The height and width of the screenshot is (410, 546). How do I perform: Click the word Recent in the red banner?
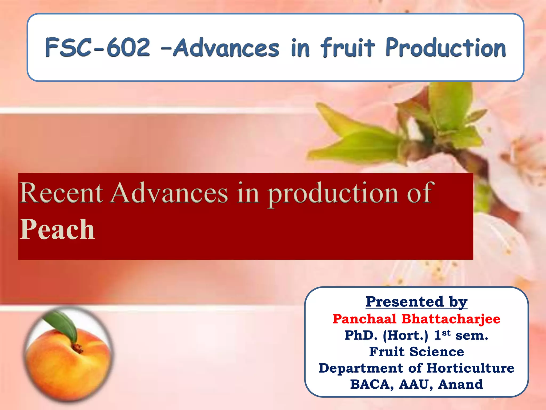[x=61, y=193]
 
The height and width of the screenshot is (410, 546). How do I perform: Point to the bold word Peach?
[x=57, y=230]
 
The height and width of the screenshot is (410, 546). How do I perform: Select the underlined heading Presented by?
[x=416, y=302]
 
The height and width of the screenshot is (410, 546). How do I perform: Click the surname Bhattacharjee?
[x=451, y=319]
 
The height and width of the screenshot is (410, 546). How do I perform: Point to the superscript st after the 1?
[x=446, y=333]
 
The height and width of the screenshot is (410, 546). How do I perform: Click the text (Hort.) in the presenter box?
[x=405, y=336]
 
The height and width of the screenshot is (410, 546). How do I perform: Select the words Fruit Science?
[x=416, y=352]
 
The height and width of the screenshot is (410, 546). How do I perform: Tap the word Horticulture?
[x=470, y=368]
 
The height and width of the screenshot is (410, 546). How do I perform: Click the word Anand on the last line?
[x=460, y=384]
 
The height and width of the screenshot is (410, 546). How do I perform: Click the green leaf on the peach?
[x=63, y=324]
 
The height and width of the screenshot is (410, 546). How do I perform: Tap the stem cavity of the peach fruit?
[x=77, y=347]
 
